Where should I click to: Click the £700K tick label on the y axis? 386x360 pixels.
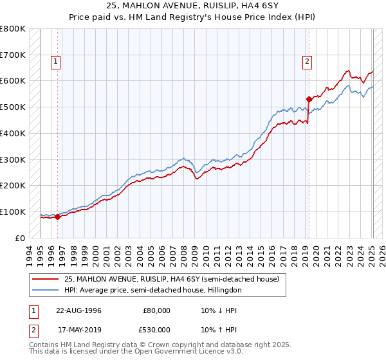click(x=14, y=55)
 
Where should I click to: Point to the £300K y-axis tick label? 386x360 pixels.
click(x=14, y=159)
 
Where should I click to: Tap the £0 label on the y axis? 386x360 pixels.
click(x=19, y=238)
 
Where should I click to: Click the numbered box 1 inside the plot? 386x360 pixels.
click(x=57, y=62)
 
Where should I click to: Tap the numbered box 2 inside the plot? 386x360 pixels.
click(x=308, y=62)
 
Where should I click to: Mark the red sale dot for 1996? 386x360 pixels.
click(x=58, y=217)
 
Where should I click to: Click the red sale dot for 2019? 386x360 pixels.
click(x=309, y=99)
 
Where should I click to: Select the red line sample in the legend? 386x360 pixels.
click(x=45, y=279)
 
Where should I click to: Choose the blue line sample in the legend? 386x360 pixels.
click(x=45, y=291)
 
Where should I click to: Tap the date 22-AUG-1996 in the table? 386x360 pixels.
click(x=75, y=310)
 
